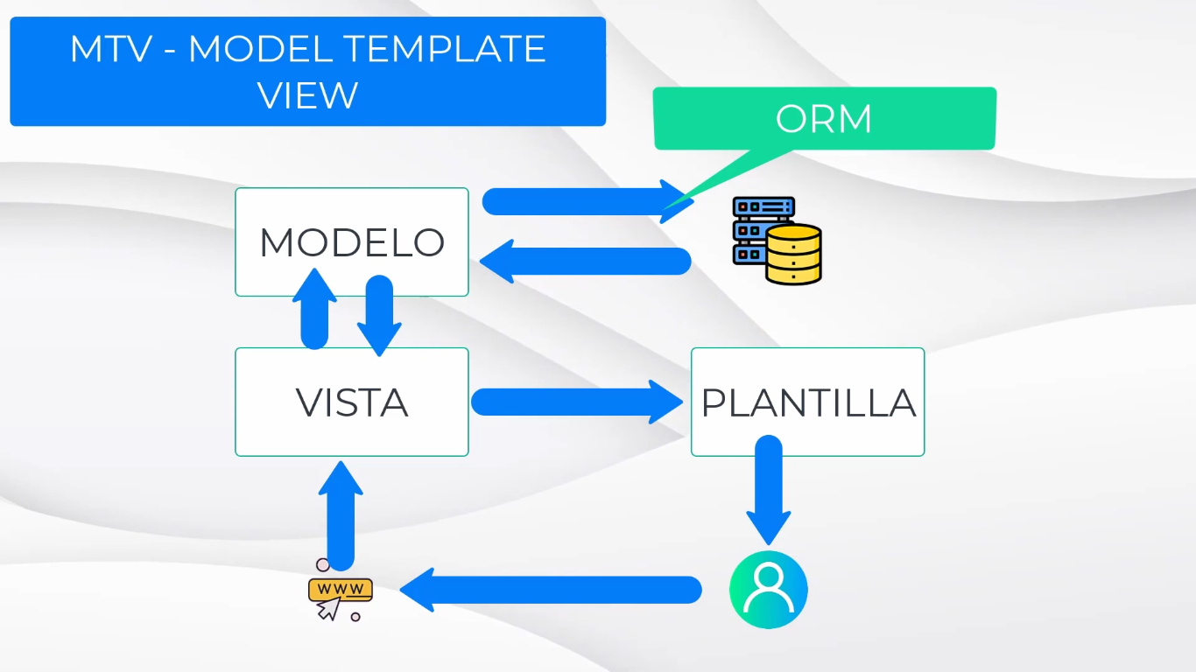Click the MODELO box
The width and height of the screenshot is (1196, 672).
(352, 242)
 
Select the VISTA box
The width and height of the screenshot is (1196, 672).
(352, 402)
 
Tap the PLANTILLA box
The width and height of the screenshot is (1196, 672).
(807, 402)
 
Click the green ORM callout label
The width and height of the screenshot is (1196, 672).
(824, 119)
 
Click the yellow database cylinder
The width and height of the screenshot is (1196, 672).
(794, 255)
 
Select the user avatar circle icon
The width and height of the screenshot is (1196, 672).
(768, 590)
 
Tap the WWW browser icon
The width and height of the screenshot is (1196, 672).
(340, 589)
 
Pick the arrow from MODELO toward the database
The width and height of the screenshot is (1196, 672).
(587, 201)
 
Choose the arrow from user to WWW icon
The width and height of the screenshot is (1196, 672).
(552, 590)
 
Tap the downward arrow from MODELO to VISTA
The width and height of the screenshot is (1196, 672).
(378, 315)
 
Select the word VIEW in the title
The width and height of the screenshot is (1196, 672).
(308, 94)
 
